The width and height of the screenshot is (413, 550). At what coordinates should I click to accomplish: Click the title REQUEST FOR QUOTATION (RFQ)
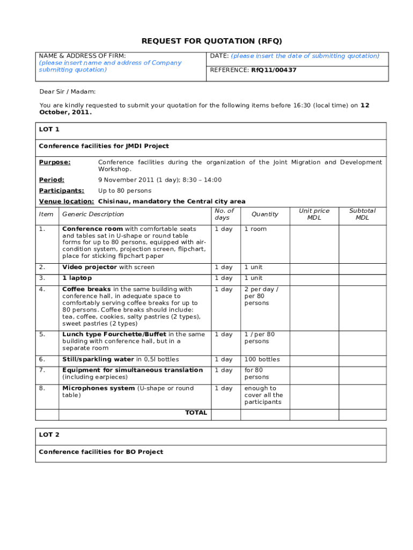click(211, 41)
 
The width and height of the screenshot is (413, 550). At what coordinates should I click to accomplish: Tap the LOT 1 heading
click(49, 129)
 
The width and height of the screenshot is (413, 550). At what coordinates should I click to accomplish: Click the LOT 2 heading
click(49, 435)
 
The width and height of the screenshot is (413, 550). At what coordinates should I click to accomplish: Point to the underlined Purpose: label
click(55, 162)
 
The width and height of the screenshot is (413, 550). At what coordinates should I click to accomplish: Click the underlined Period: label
click(51, 180)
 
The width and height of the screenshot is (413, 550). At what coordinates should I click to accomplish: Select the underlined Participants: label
click(61, 191)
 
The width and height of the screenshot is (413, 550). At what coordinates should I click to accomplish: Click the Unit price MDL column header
click(314, 214)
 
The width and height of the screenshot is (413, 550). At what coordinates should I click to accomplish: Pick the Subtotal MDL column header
click(363, 214)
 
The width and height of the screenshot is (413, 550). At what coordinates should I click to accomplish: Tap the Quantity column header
click(265, 214)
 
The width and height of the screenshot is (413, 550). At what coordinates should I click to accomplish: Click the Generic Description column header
click(93, 214)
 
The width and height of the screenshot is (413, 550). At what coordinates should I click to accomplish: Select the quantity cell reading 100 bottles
click(262, 359)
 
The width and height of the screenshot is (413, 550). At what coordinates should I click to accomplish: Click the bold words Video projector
click(90, 267)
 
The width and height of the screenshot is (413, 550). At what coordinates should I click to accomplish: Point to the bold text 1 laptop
click(77, 278)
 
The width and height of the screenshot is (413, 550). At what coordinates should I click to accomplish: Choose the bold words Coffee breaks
click(86, 289)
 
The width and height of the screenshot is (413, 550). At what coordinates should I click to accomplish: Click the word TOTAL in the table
click(196, 412)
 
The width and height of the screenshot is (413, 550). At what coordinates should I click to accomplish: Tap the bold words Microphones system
click(98, 388)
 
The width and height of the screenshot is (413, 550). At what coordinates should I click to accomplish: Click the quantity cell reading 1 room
click(255, 229)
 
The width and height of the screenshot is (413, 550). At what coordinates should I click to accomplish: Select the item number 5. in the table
click(42, 334)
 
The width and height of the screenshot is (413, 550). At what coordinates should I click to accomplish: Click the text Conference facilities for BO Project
click(101, 452)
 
